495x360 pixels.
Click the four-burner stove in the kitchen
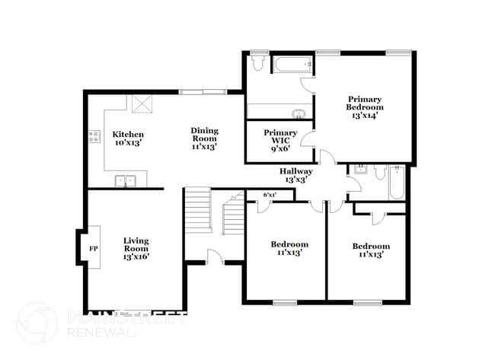point(94,138)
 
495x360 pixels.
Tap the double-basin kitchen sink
point(126,180)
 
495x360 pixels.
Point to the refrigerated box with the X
point(142,104)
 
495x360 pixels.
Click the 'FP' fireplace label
point(94,249)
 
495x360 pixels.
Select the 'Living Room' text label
point(136,244)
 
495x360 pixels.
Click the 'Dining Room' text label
point(204,134)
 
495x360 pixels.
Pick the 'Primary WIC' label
point(280,136)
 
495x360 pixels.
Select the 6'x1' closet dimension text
point(269,195)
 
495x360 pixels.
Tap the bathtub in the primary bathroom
point(290,64)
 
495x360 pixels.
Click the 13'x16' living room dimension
point(136,256)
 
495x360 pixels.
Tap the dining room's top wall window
point(203,93)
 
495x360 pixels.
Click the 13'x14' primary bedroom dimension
point(366,115)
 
